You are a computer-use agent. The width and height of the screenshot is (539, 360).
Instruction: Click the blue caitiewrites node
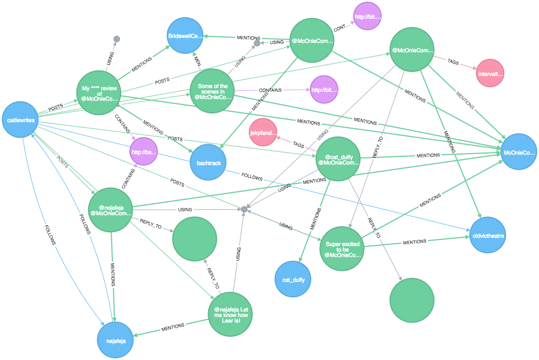(x=20, y=119)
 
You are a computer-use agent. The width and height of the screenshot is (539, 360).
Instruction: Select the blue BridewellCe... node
(x=186, y=36)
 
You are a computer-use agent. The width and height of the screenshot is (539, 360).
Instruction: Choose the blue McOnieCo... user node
(x=519, y=152)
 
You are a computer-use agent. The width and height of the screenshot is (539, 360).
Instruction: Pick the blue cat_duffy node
(x=293, y=280)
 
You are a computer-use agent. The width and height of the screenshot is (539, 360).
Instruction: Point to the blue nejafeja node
(x=116, y=341)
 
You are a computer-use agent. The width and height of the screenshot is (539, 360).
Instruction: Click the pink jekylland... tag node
(x=263, y=133)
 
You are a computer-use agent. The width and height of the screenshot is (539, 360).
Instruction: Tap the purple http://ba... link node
(x=144, y=152)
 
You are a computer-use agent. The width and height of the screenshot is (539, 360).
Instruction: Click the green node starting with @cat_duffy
(x=339, y=159)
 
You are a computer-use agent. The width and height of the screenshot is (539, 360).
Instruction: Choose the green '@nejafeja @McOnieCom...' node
(x=110, y=209)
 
